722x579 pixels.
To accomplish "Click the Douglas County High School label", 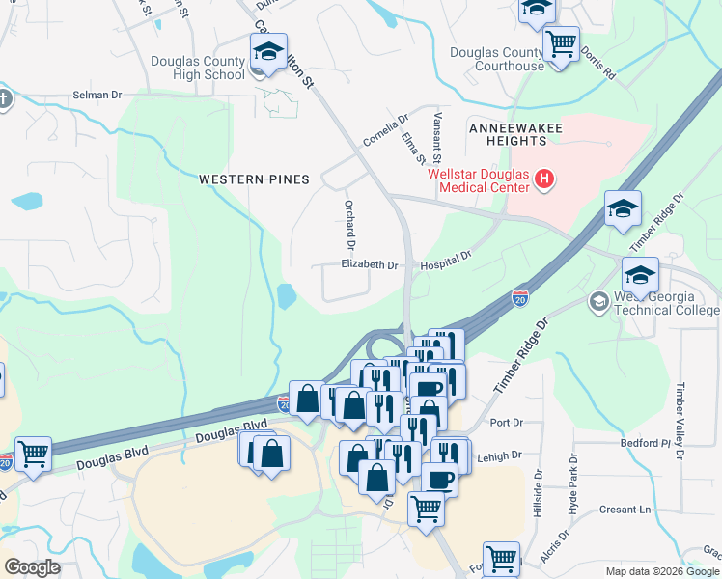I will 198,68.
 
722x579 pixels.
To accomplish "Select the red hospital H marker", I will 544,179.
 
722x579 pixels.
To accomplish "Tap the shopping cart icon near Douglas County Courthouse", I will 561,44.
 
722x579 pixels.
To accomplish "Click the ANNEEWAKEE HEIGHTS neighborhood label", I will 508,134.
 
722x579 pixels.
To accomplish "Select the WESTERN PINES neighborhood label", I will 254,179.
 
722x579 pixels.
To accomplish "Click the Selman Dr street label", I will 97,96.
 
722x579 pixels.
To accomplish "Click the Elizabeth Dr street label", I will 369,264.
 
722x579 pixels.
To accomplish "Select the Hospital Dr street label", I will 445,259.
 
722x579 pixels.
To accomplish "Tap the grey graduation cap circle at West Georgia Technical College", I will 598,303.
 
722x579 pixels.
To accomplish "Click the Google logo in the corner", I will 33,567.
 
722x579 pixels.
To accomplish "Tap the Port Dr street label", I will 506,423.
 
